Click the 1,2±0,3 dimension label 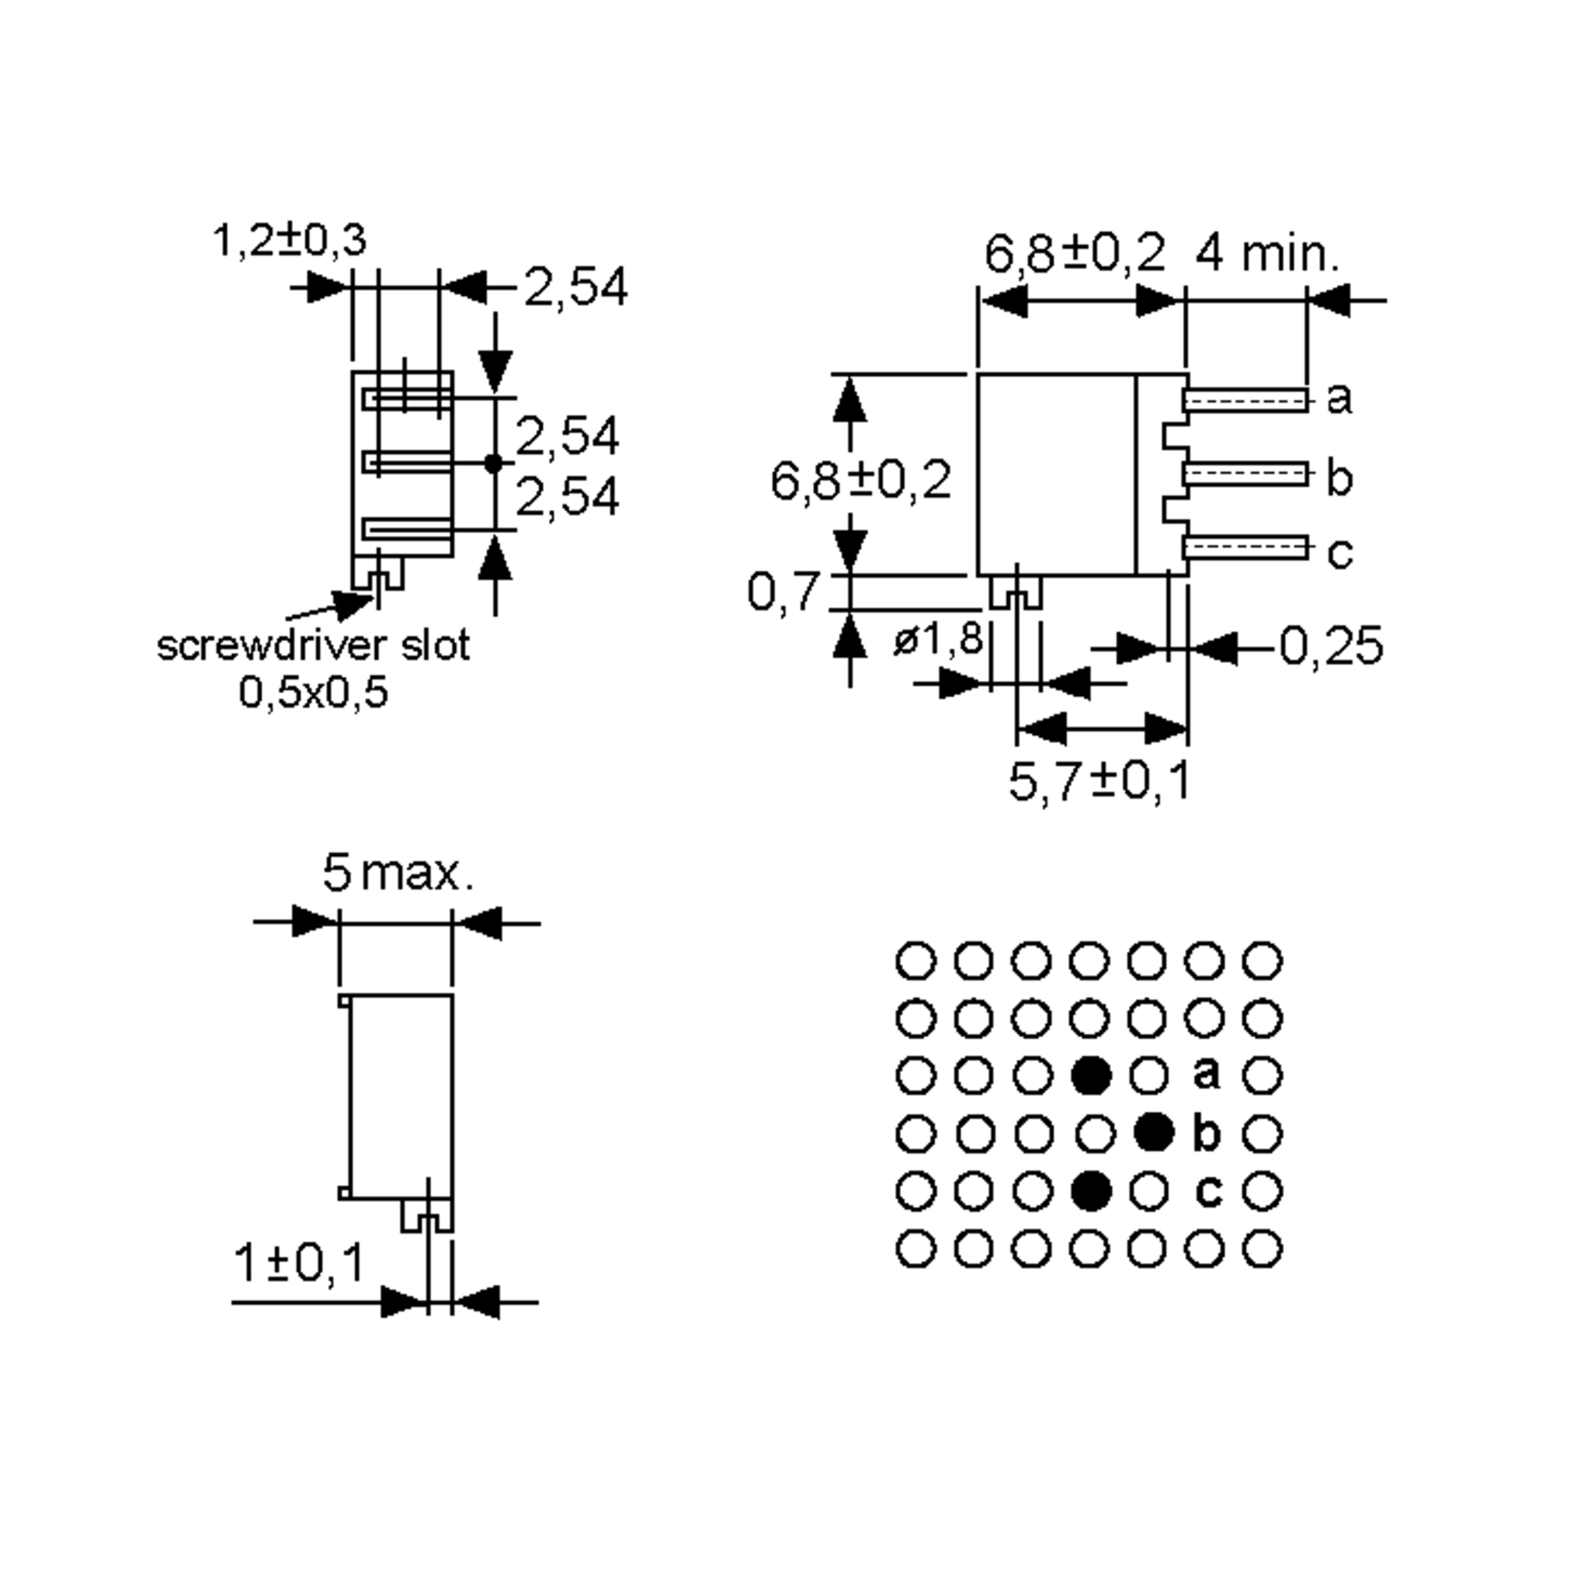[288, 240]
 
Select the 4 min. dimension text [1266, 254]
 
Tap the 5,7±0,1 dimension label [1099, 781]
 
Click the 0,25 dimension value [1331, 647]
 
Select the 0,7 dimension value [783, 591]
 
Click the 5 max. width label [397, 873]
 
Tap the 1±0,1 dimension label [299, 1263]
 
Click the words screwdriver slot [313, 645]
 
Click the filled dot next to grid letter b [1154, 1133]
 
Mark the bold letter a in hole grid [1206, 1073]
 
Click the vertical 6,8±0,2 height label [861, 480]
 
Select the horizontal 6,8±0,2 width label [1074, 253]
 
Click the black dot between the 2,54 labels [493, 463]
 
